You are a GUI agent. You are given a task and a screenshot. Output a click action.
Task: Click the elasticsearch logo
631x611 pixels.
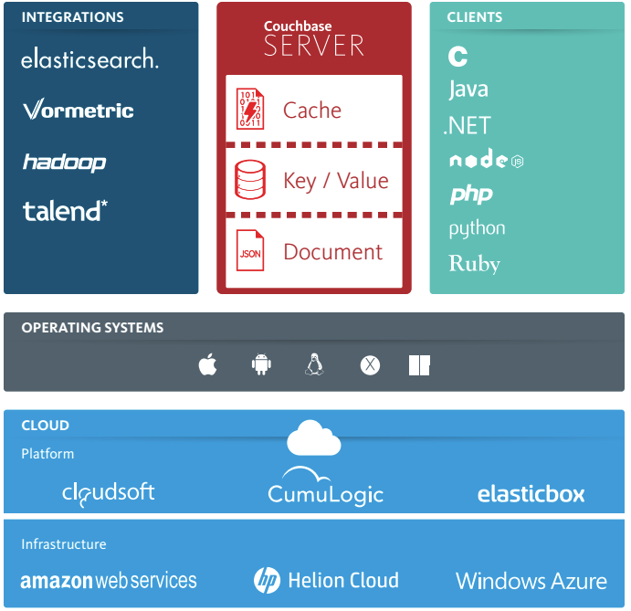(89, 60)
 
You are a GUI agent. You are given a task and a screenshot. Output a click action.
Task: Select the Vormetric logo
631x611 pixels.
(79, 111)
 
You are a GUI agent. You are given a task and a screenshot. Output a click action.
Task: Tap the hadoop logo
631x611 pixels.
(64, 163)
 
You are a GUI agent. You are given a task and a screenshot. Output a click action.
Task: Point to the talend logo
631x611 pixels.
(65, 211)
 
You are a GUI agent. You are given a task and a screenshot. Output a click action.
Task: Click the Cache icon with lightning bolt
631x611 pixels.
(250, 110)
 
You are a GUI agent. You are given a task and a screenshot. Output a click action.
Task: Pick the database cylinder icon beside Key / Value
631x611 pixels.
(250, 180)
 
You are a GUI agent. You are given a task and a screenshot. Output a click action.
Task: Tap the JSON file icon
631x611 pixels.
(250, 251)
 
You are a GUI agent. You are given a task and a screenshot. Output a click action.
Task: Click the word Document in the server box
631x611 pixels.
(333, 252)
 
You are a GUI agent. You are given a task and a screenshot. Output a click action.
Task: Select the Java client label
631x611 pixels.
(468, 90)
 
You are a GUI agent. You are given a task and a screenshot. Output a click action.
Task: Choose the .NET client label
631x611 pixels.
(467, 125)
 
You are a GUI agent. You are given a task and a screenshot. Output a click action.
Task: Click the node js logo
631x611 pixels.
(486, 159)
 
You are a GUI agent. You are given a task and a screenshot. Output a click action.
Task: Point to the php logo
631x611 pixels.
(470, 194)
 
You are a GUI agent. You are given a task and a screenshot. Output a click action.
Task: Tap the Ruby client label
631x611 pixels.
(475, 264)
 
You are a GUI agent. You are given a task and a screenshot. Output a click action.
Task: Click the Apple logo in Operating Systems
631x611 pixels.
(207, 365)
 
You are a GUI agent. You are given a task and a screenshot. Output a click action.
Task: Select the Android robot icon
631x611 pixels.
(262, 365)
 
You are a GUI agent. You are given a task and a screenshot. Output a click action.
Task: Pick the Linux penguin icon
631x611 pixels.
(315, 365)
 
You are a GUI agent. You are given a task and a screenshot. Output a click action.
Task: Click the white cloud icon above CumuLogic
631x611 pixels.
(313, 438)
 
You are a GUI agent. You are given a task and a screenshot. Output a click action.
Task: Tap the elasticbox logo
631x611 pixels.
(531, 494)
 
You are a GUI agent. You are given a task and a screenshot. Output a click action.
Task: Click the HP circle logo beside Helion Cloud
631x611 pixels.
(267, 580)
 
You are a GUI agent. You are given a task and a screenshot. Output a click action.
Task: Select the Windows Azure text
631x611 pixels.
(531, 581)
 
